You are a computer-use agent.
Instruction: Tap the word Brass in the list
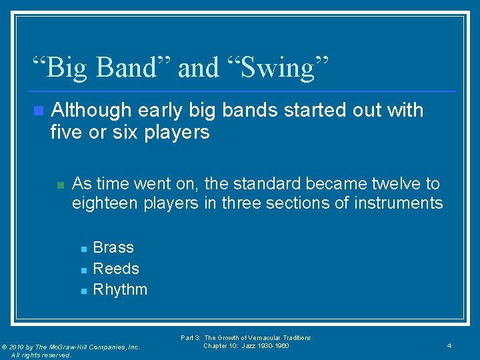pos(113,247)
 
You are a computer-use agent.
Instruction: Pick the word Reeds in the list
pos(116,269)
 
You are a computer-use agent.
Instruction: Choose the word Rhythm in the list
pos(120,290)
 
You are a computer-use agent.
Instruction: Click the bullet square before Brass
pos(83,249)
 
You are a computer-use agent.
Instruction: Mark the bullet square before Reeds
pos(83,270)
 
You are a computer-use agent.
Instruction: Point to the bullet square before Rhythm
pos(83,291)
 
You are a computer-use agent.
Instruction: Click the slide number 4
pos(449,346)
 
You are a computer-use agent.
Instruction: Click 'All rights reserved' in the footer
pos(41,355)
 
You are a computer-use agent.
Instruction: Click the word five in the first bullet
pos(65,132)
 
